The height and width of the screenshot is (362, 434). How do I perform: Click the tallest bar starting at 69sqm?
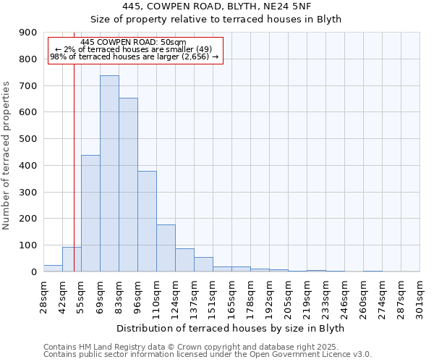coord(109,174)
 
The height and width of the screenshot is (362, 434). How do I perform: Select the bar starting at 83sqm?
coord(128,185)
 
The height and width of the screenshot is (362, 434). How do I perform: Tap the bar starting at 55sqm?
coord(90,214)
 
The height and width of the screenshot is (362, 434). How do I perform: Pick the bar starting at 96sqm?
coord(147,222)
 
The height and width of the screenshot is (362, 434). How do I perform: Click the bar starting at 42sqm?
coord(72,259)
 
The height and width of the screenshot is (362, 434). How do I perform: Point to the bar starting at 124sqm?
coord(184,260)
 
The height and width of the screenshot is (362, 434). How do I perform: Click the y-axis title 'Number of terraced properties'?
coord(7,156)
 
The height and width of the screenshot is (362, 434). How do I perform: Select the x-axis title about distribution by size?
coord(230,328)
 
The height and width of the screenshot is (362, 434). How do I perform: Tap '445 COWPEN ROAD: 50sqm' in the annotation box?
coord(134,42)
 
